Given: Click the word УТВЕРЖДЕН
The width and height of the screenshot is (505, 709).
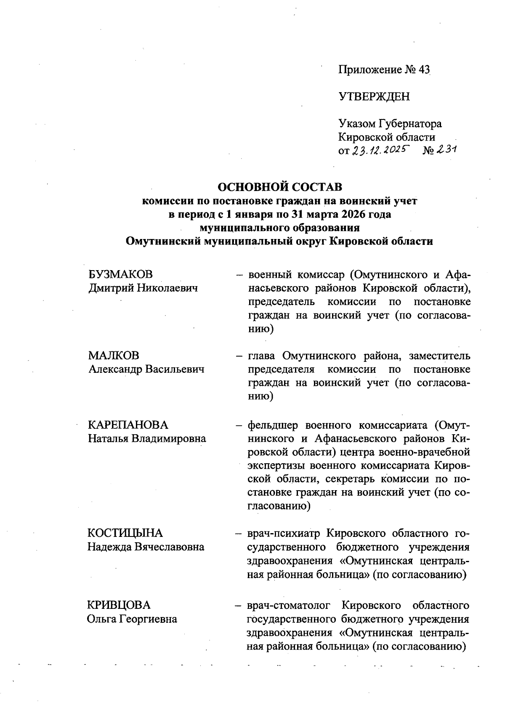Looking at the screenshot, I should click(374, 97).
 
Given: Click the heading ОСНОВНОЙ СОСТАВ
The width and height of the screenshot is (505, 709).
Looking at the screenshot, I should click(279, 186).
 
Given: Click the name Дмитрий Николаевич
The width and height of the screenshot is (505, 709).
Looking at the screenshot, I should click(143, 288).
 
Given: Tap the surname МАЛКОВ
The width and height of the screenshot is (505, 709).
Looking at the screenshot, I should click(113, 356).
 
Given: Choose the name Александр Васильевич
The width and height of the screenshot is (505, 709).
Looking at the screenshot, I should click(146, 369).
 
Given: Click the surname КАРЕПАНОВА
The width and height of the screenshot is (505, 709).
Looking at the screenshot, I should click(128, 425).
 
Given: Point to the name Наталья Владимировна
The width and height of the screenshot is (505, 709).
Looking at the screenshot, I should click(147, 438).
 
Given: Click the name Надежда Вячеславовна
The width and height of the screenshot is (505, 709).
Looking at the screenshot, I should click(146, 547).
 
